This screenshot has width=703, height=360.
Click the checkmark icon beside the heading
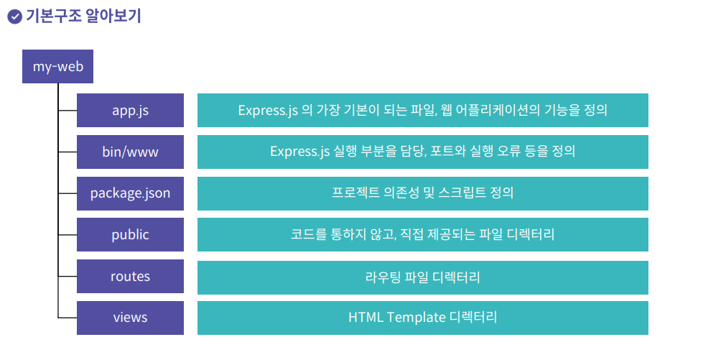(14, 17)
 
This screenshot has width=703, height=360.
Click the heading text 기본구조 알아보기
(83, 16)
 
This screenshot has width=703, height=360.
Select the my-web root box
(58, 67)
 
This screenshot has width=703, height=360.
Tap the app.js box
(130, 110)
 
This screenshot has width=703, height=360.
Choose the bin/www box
(130, 152)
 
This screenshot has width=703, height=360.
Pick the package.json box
(130, 193)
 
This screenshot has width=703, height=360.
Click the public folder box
(130, 234)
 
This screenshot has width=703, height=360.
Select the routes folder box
(130, 276)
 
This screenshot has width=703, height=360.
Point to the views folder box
(130, 317)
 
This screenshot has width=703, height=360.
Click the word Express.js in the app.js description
(267, 111)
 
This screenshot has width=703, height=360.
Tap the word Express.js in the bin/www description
(299, 152)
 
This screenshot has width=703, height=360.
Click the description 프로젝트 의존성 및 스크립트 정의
(422, 193)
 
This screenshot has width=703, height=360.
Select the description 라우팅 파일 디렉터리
(422, 276)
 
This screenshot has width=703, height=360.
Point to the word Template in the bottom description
(416, 317)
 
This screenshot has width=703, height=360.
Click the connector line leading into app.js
(67, 111)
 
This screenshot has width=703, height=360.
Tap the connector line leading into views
(67, 317)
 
